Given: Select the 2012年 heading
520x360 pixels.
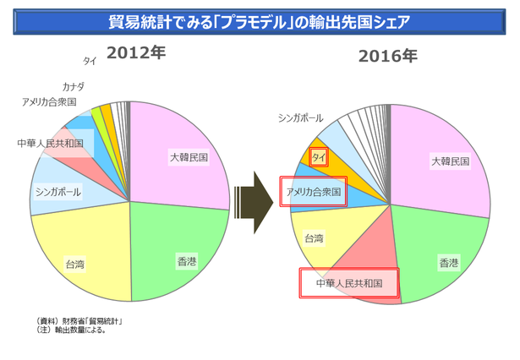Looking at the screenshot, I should tap(135, 53).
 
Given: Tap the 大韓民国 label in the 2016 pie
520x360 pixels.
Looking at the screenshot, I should tap(449, 161).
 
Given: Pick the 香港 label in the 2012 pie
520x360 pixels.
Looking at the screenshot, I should tap(187, 262).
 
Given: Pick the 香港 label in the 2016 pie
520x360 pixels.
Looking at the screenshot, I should tap(449, 264).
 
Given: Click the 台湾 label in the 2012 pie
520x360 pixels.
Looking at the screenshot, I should tap(74, 265).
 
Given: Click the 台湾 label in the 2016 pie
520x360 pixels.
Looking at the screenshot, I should tap(314, 238).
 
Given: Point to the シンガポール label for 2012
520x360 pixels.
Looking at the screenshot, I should tap(58, 192).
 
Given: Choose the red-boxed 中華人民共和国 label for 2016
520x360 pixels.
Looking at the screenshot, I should tap(349, 283).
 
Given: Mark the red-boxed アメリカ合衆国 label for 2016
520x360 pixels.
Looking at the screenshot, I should tap(313, 193).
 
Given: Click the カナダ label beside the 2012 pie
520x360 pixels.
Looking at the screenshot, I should tap(74, 86).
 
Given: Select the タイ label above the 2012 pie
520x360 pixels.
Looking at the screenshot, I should tap(90, 61).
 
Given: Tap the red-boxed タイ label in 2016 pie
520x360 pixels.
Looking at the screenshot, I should tap(319, 157).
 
